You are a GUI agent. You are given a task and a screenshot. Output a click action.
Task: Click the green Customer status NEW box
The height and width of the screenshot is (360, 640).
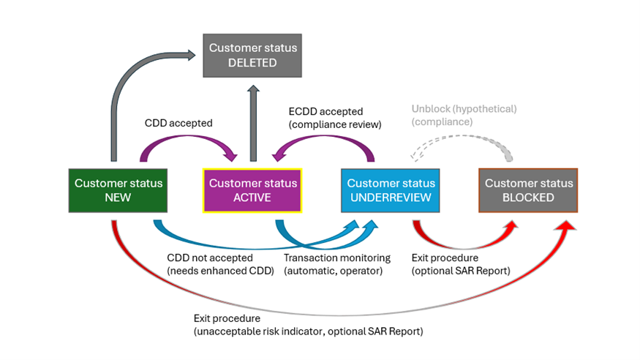[x=118, y=190]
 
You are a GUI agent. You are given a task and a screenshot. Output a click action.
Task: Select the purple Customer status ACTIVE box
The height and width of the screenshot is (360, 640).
[x=253, y=190]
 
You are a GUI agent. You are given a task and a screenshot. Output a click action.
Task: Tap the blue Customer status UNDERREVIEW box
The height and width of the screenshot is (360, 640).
[x=391, y=190]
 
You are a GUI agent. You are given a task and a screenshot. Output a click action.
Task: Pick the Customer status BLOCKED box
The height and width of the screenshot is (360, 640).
[x=529, y=190]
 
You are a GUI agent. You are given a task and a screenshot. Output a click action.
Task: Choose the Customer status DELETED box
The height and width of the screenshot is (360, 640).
[x=253, y=55]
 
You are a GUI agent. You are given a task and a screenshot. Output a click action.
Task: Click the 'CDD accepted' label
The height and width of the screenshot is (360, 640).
[x=179, y=123]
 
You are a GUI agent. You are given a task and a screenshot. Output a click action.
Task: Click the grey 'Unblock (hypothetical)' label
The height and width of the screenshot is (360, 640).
[x=464, y=109]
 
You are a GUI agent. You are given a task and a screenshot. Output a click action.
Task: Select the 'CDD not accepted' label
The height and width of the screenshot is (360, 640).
[x=210, y=258]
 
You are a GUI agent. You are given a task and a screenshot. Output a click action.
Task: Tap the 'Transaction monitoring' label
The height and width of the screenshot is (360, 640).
[x=337, y=258]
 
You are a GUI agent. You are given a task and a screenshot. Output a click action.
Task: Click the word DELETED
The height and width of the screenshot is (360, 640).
[x=253, y=63]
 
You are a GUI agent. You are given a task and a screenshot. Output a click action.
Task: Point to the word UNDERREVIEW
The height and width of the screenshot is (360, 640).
[x=391, y=198]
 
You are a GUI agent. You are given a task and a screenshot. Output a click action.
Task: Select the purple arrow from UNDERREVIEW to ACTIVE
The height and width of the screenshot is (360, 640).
[x=322, y=143]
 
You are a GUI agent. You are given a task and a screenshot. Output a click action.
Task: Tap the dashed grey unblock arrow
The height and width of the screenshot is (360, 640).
[x=461, y=145]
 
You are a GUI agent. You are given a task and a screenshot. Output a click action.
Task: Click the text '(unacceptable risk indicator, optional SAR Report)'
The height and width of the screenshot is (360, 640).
[x=308, y=331]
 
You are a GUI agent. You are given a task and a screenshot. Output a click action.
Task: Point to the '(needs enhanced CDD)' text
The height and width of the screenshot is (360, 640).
[x=220, y=271]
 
